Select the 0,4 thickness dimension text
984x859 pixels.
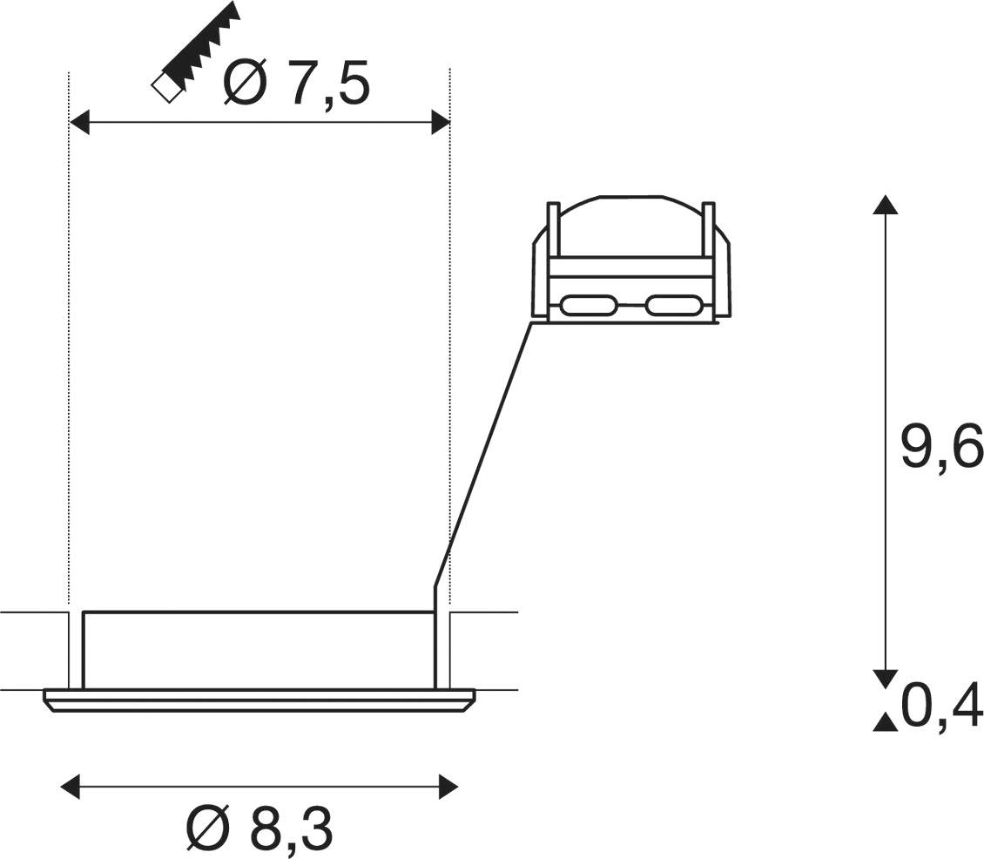click(x=941, y=707)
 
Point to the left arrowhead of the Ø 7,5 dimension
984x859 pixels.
click(x=79, y=124)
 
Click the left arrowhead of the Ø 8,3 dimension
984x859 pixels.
click(x=70, y=788)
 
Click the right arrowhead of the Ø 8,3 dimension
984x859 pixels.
click(x=448, y=788)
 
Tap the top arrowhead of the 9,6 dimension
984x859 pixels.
click(x=886, y=205)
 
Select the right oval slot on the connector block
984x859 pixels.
click(x=674, y=306)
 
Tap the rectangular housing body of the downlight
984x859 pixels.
click(x=258, y=650)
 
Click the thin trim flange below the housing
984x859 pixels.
click(x=258, y=700)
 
